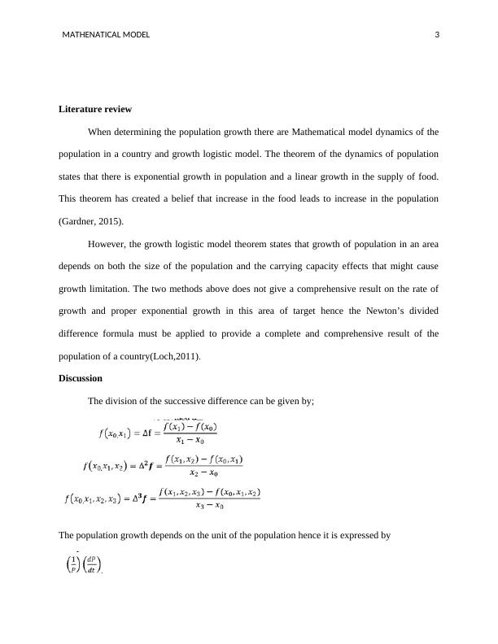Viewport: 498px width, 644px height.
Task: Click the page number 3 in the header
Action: [437, 34]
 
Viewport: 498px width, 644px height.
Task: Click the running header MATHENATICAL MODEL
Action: [106, 34]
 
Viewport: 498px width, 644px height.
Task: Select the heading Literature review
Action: [95, 109]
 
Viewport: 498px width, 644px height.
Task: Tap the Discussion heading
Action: [81, 378]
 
